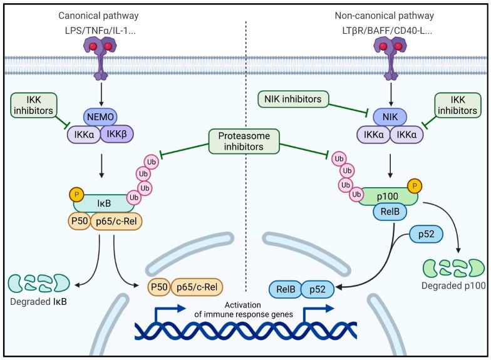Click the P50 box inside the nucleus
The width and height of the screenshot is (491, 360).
pos(158,287)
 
